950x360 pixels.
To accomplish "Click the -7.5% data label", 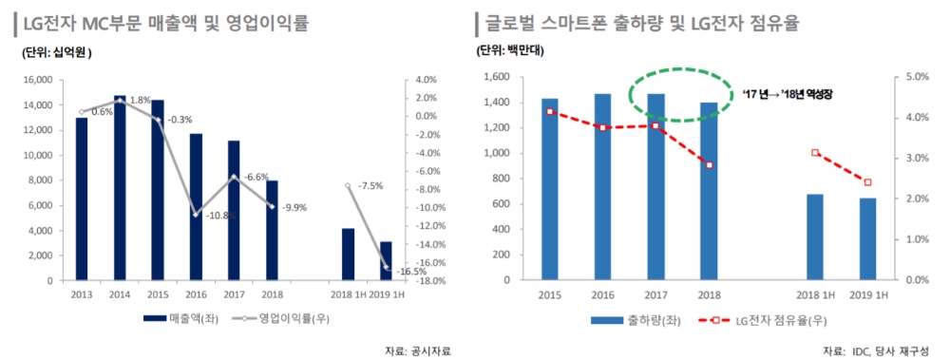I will (370, 186).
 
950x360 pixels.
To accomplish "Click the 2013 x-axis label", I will (82, 294).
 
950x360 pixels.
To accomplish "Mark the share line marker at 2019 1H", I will (867, 182).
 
